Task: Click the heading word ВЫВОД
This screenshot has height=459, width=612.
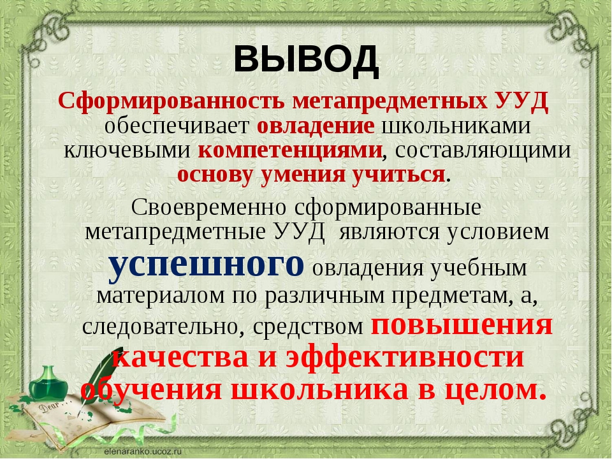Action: pos(306,61)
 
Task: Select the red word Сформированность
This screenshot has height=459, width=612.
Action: pos(171,101)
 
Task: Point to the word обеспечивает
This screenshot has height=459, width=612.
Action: pos(177,126)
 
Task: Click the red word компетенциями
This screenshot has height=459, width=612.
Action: pos(290,150)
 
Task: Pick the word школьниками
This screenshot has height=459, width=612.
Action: pos(456,126)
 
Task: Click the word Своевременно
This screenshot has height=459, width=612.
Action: pos(209,207)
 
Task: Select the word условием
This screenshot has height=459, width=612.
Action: pos(498,232)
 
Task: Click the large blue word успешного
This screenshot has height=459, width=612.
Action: pos(206,266)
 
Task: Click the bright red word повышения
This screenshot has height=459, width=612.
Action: pos(462,326)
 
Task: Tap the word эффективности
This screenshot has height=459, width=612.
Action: pos(405,358)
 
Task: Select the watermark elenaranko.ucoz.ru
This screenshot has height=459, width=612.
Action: pos(143,451)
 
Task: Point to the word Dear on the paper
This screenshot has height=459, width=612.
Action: pos(48,407)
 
